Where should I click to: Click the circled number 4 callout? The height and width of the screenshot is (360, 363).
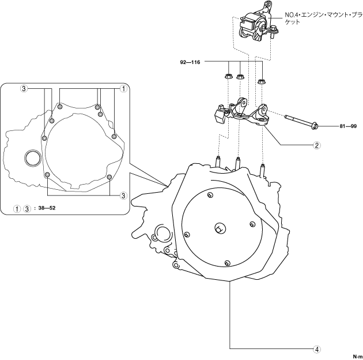pos(316,348)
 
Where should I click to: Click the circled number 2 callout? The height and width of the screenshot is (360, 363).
pos(316,145)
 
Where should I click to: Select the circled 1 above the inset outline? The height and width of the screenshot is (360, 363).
pos(123,89)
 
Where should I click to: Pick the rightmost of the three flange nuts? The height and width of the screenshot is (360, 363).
pos(263,80)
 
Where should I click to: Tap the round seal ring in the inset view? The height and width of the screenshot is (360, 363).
pos(33,157)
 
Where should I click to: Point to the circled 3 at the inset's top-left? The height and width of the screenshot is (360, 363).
pos(24,89)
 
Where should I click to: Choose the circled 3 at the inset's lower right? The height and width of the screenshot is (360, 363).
pos(123,196)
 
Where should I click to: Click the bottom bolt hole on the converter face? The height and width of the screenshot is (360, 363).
pos(228,263)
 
